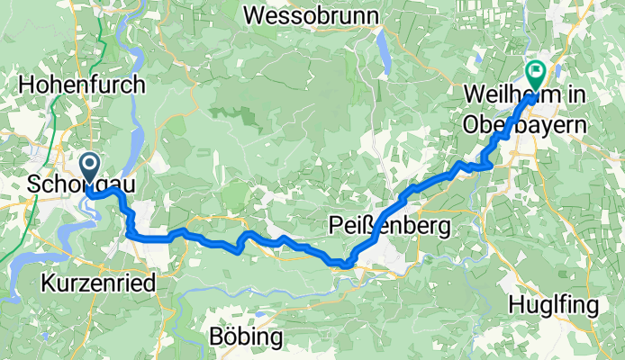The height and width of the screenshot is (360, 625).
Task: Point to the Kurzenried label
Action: tap(99, 283)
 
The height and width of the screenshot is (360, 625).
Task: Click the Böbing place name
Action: tap(245, 337)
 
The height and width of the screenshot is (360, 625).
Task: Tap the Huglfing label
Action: tap(553, 306)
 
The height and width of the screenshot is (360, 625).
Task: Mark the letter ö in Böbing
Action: tap(226, 337)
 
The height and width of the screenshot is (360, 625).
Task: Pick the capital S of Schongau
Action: tap(34, 184)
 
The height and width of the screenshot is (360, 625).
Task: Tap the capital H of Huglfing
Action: tap(517, 306)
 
